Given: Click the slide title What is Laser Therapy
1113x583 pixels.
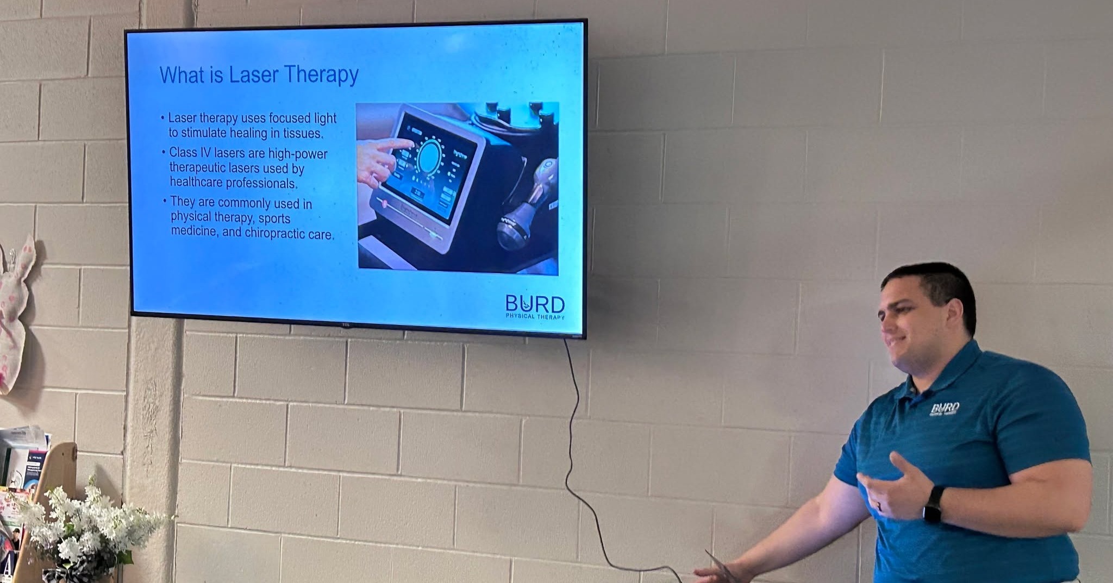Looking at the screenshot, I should pyautogui.click(x=259, y=75).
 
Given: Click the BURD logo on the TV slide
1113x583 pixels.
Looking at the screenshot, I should pyautogui.click(x=535, y=304).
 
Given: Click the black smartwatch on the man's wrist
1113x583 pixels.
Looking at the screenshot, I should pyautogui.click(x=934, y=504).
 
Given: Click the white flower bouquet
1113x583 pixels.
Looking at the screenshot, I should pyautogui.click(x=82, y=527).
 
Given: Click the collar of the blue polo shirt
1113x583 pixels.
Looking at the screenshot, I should pyautogui.click(x=956, y=369).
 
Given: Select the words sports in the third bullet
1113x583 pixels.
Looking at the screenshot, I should pyautogui.click(x=274, y=218).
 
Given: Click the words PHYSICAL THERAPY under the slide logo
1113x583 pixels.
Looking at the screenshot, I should pyautogui.click(x=535, y=317).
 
